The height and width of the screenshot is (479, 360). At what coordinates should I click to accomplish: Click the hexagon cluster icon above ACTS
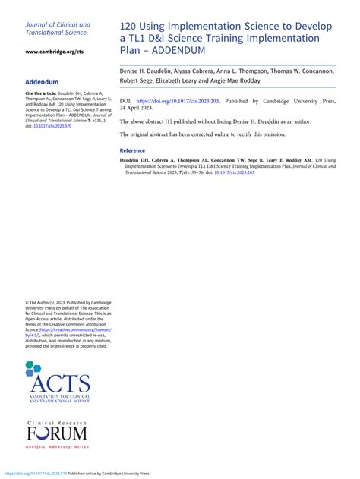click(33, 370)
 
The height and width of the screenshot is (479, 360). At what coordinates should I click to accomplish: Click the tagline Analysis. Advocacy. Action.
click(57, 448)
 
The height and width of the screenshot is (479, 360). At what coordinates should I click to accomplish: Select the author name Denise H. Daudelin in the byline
click(147, 70)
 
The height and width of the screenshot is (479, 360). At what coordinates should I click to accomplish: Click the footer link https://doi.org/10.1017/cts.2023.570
click(33, 473)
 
